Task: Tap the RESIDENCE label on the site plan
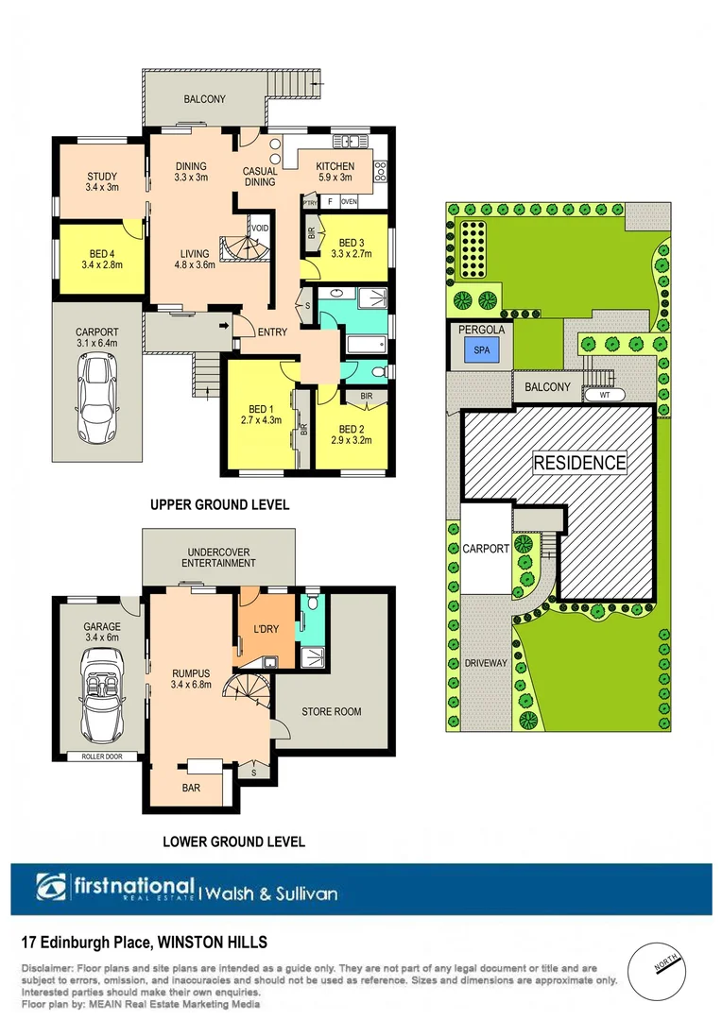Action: tap(579, 463)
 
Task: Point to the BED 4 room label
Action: tap(102, 260)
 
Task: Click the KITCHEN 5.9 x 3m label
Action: tap(334, 171)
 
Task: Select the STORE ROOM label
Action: tap(331, 711)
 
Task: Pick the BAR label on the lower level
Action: tap(191, 786)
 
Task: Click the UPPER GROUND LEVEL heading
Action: tap(219, 505)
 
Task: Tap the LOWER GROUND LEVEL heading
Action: tap(233, 841)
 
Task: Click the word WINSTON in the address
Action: tap(195, 942)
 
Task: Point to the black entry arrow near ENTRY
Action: tap(224, 327)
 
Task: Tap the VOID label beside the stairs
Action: tap(259, 228)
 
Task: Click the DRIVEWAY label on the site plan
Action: tap(486, 663)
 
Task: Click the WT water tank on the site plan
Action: tap(605, 396)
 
